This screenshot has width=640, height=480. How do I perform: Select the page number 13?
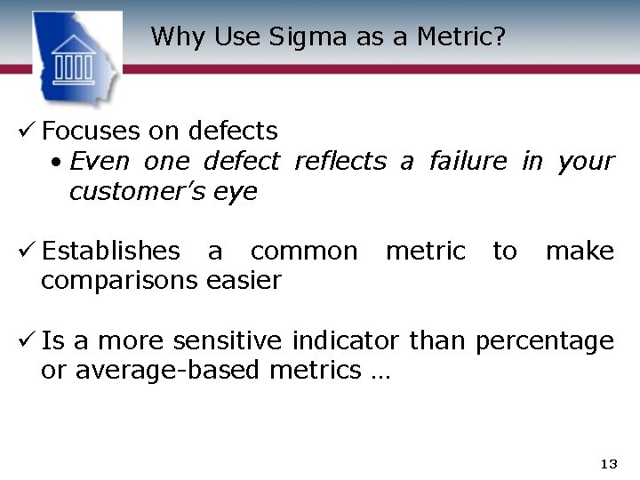tap(609, 464)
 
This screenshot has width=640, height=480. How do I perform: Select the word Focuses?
tap(92, 132)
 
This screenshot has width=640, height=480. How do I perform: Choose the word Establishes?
tap(110, 252)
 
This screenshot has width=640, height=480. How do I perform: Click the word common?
tap(304, 252)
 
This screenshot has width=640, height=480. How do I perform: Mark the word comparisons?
tap(120, 282)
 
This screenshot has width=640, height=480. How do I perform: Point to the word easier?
tap(244, 281)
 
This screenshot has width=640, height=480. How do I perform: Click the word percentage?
tap(545, 342)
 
